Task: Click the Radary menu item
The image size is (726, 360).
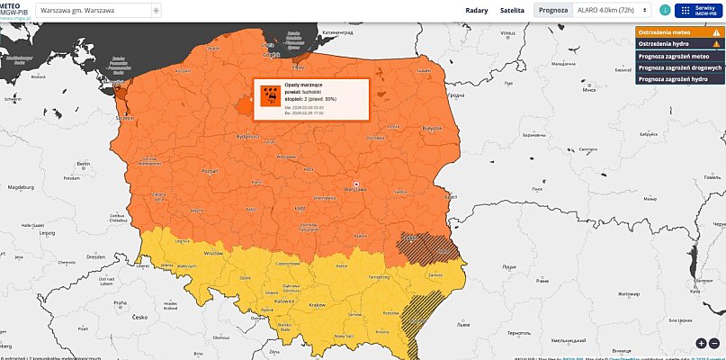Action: click(x=477, y=11)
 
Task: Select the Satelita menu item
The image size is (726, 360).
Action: click(x=512, y=11)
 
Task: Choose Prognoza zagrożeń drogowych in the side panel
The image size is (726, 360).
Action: click(x=679, y=67)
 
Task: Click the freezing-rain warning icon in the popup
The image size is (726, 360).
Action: click(x=268, y=94)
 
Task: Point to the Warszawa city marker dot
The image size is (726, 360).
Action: click(x=357, y=184)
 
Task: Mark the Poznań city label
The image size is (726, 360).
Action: click(x=211, y=170)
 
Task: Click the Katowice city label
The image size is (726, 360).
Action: click(x=282, y=304)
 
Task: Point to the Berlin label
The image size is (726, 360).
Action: click(x=84, y=163)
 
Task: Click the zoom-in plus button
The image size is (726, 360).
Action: click(x=701, y=343)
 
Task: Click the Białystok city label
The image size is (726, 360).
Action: click(x=433, y=129)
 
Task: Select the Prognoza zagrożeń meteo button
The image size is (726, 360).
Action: click(x=679, y=55)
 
